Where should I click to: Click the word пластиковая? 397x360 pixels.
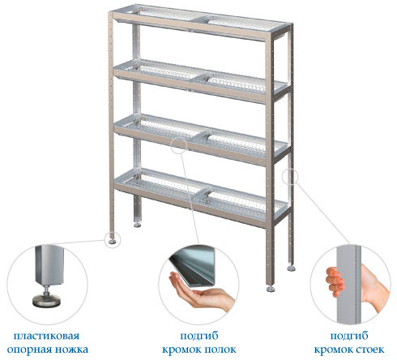46,336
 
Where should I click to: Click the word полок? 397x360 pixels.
220,349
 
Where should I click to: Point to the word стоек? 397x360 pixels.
369,349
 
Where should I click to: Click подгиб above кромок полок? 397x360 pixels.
199,336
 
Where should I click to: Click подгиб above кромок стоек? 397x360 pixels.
349,336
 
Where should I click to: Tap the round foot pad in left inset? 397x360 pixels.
46,301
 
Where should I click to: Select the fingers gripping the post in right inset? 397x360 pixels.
335,282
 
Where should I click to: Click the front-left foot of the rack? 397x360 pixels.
112,242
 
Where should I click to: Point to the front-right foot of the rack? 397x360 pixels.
271,289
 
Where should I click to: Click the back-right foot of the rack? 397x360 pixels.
291,268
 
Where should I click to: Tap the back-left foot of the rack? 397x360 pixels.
137,225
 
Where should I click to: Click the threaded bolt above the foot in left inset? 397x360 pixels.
47,290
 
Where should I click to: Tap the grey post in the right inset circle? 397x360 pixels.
348,285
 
